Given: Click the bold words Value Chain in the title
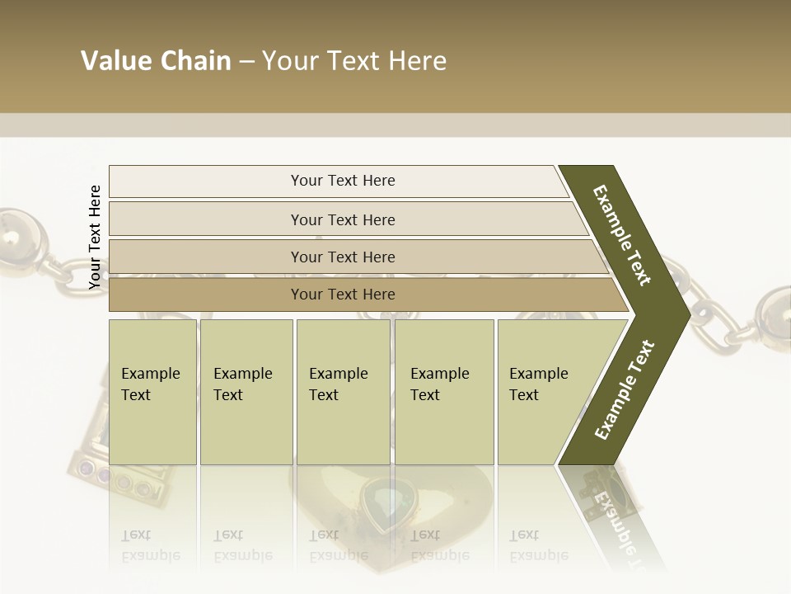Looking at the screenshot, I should [156, 61].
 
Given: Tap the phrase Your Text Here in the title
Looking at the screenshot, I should [354, 61].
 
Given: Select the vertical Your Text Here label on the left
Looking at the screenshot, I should [95, 237].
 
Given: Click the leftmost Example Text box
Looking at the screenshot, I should [152, 392].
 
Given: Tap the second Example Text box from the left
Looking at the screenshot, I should [246, 392].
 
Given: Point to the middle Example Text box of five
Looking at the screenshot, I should [343, 392].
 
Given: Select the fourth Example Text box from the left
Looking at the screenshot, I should [443, 392].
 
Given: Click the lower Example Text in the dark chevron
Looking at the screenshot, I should [624, 389].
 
